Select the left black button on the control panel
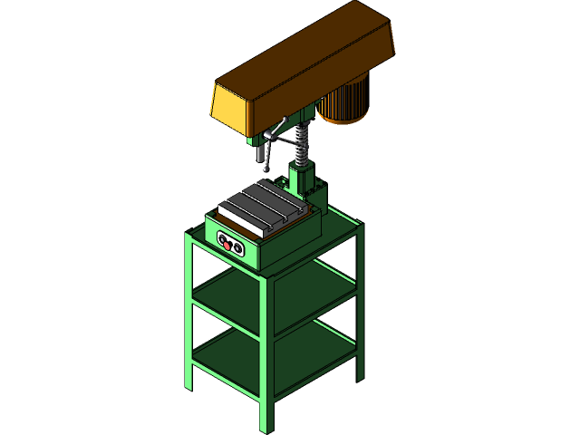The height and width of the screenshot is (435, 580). (226, 242)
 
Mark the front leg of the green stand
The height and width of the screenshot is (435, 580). (266, 362)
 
